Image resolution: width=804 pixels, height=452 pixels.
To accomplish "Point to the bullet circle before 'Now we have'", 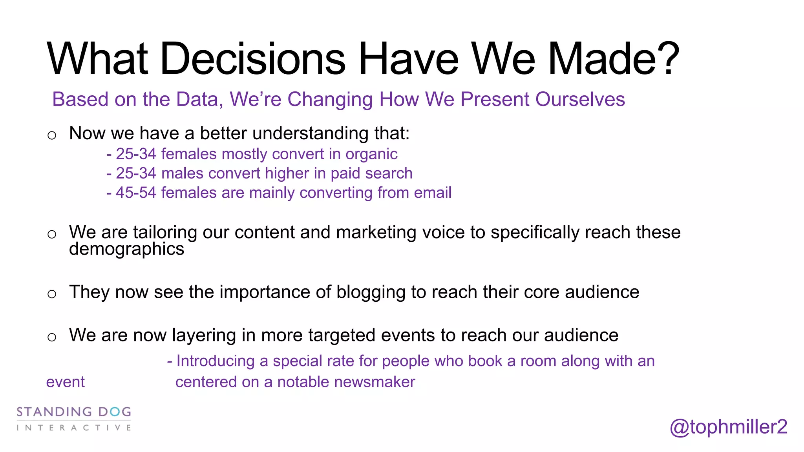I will (52, 135).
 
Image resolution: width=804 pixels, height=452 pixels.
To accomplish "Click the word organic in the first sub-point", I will (371, 154).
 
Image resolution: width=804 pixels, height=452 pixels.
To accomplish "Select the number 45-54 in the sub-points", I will (136, 193).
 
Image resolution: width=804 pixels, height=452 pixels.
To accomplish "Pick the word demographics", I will (126, 250).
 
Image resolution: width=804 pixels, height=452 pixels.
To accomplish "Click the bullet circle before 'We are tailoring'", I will (52, 234).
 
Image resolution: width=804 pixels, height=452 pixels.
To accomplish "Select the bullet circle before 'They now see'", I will (52, 294).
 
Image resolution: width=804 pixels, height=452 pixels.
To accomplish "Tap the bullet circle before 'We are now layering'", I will (52, 337).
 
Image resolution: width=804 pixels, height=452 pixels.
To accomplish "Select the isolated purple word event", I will (65, 382).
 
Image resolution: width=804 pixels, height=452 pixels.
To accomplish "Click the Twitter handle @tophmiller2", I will (728, 427).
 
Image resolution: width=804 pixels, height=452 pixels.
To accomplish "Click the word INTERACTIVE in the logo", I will (74, 428).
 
